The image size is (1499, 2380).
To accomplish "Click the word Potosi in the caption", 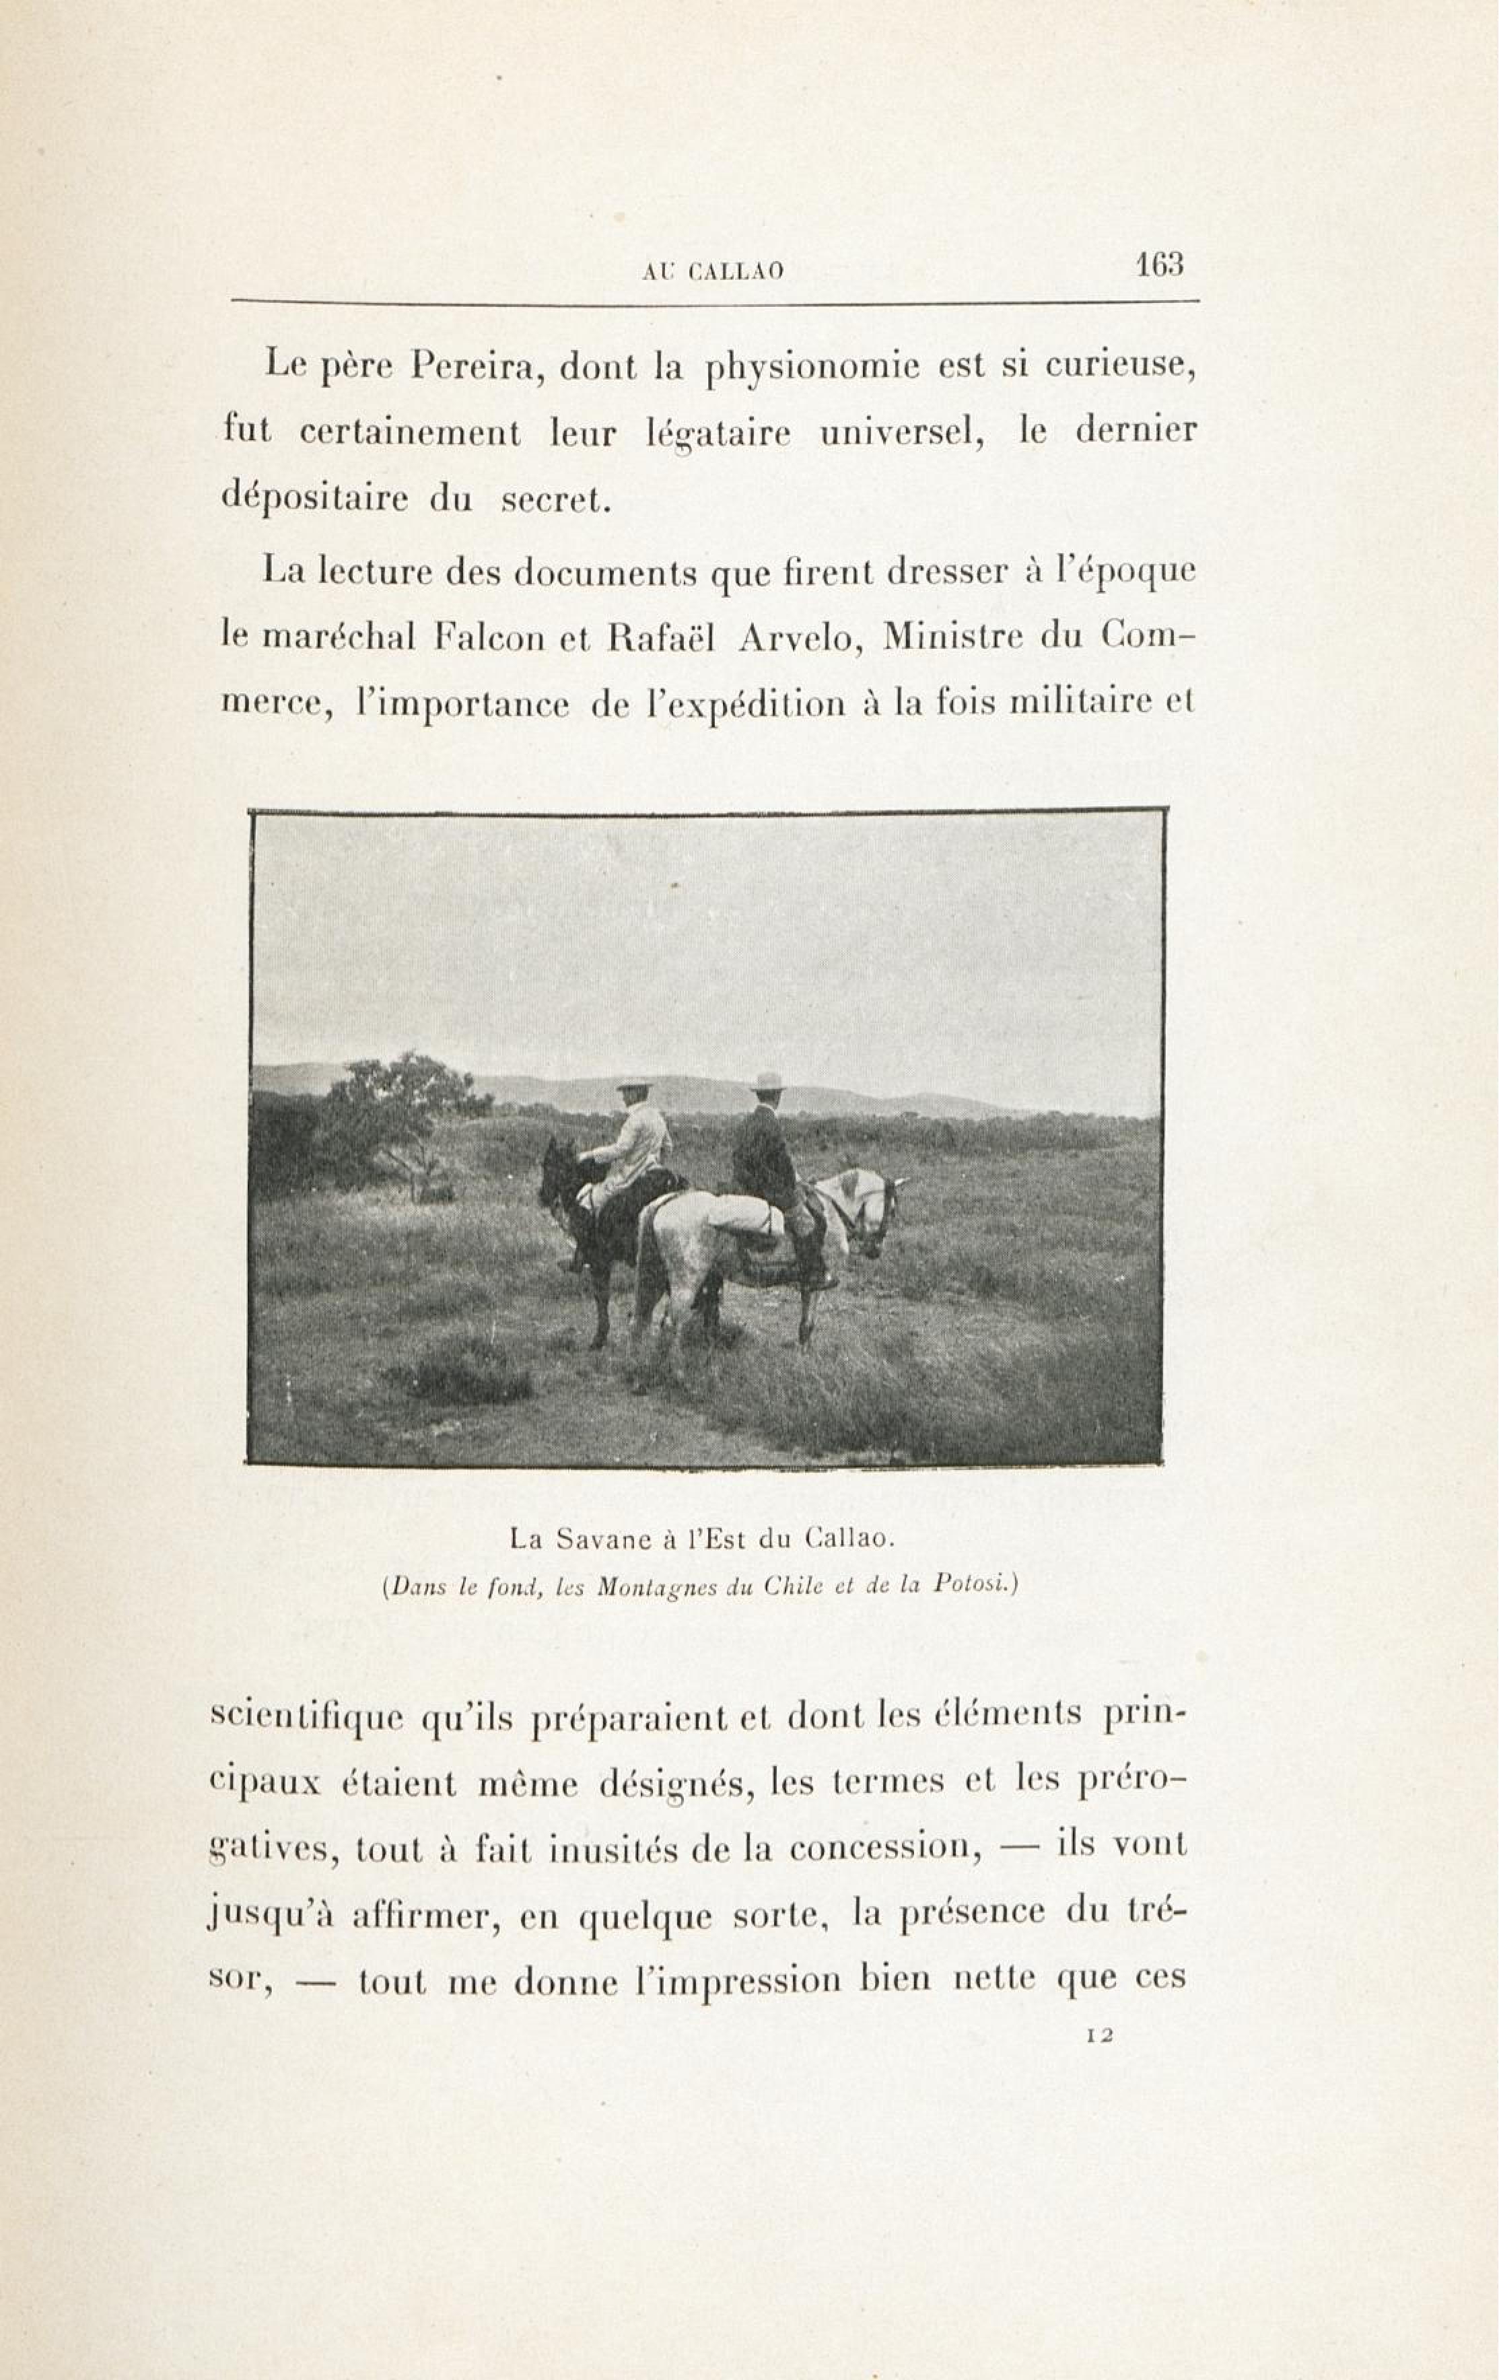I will click(x=971, y=1584).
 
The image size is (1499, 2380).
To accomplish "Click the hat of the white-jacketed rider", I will click(x=633, y=1084).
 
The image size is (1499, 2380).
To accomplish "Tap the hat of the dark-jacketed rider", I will click(x=767, y=1080).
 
